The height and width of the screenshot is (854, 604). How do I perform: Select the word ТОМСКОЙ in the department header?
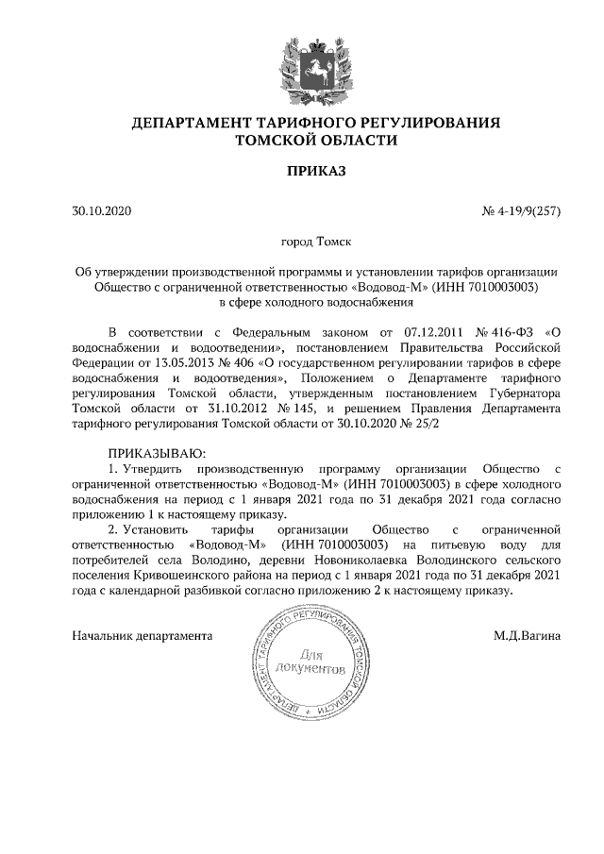[x=280, y=140]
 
